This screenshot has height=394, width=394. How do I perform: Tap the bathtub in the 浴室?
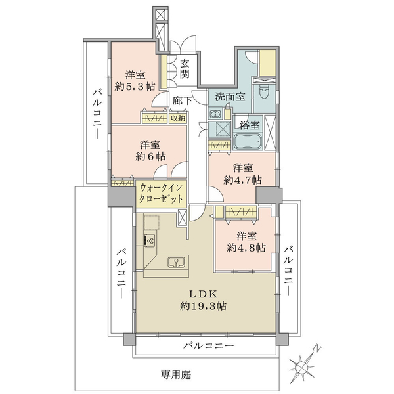248,142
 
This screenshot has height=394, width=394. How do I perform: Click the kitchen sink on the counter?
177,262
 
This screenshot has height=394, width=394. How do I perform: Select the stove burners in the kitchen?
150,241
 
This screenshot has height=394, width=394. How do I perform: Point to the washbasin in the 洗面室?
215,114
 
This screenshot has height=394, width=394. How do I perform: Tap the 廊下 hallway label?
183,100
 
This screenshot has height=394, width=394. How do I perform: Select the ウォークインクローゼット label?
161,194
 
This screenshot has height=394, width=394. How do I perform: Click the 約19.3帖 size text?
203,306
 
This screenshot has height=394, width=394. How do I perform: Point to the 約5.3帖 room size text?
135,87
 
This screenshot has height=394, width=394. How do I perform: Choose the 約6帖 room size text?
150,156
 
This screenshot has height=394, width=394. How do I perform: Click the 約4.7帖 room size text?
242,180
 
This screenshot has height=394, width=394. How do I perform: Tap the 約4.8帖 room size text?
246,248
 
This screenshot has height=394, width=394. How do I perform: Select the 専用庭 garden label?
176,375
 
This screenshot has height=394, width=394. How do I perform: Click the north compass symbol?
302,368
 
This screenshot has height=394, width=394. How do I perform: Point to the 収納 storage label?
178,118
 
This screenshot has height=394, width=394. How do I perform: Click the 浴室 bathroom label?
249,125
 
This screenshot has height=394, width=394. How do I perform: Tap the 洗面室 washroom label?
230,97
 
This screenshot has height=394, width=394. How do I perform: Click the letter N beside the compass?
317,349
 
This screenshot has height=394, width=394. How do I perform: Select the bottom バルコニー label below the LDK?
208,345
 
